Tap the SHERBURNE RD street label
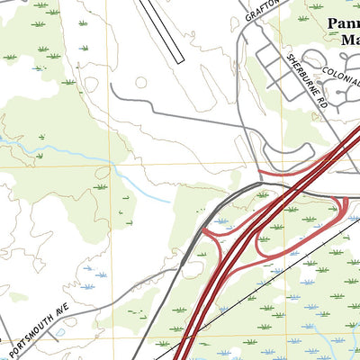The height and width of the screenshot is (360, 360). (x=305, y=81)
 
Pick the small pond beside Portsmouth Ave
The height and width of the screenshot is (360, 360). (x=58, y=332)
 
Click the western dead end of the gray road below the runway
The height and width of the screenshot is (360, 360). (x=112, y=86)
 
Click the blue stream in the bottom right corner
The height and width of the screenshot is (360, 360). (x=333, y=346)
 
